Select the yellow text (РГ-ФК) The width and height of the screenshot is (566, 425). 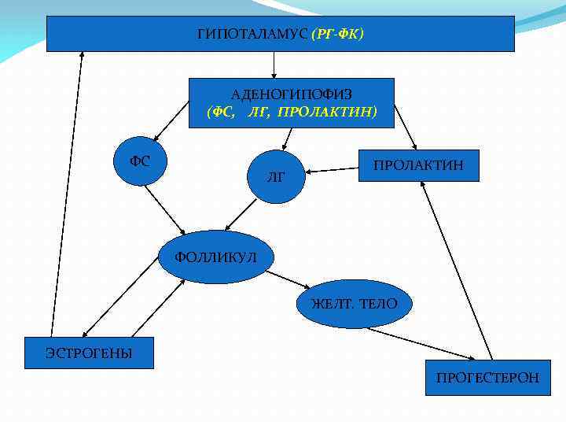click(337, 35)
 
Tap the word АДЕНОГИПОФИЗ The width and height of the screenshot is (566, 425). click(291, 94)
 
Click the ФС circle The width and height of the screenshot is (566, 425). click(140, 161)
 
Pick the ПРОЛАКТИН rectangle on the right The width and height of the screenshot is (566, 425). click(418, 165)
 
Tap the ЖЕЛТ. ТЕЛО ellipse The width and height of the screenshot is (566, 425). click(354, 303)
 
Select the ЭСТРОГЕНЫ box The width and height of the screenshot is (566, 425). click(89, 353)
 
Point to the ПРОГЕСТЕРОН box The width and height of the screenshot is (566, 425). click(488, 378)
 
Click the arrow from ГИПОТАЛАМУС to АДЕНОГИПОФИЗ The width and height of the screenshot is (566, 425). click(274, 65)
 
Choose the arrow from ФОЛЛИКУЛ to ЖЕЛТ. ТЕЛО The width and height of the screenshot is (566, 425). click(289, 279)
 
